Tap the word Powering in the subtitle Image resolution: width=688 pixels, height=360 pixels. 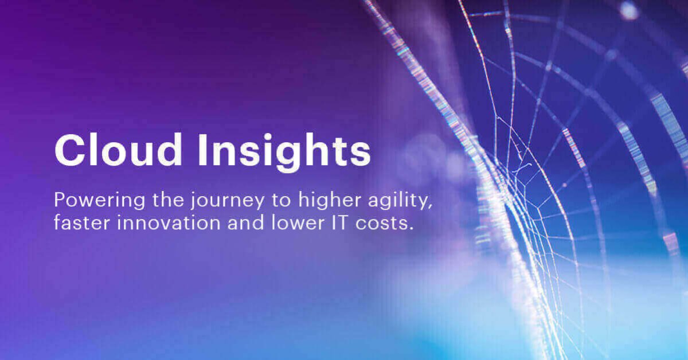(x=89, y=201)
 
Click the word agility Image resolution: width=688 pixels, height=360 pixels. (x=358, y=202)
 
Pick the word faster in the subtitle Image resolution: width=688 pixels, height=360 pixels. (x=76, y=224)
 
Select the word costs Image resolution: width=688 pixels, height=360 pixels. (x=372, y=224)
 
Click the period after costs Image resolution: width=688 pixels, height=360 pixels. (x=411, y=228)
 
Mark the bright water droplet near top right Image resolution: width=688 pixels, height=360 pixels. (x=629, y=10)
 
